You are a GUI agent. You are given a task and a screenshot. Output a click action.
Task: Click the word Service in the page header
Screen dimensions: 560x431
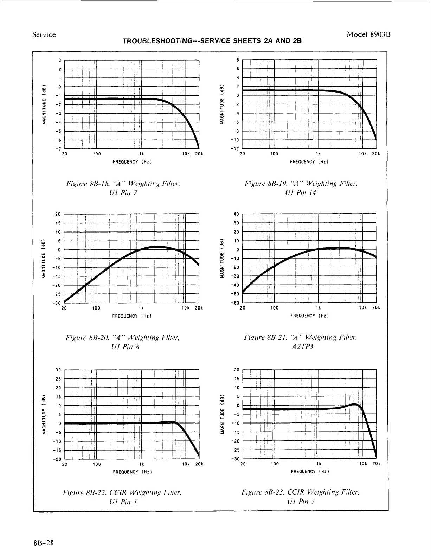44,34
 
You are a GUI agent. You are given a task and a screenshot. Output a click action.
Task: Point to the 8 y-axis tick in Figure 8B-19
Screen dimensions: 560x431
238,60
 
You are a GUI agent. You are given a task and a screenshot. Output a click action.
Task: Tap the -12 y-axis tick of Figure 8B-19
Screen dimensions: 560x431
237,149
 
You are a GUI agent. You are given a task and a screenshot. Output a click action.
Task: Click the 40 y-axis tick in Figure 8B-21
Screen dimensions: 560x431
236,214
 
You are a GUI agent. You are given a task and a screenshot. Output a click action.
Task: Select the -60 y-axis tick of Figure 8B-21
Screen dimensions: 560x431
236,303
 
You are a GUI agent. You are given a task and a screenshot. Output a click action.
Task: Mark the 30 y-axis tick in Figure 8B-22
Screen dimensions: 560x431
59,370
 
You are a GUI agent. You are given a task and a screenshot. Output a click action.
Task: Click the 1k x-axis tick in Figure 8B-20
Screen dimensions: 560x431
141,308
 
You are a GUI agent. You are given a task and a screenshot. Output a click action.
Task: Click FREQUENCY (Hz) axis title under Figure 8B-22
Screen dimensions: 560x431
132,472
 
